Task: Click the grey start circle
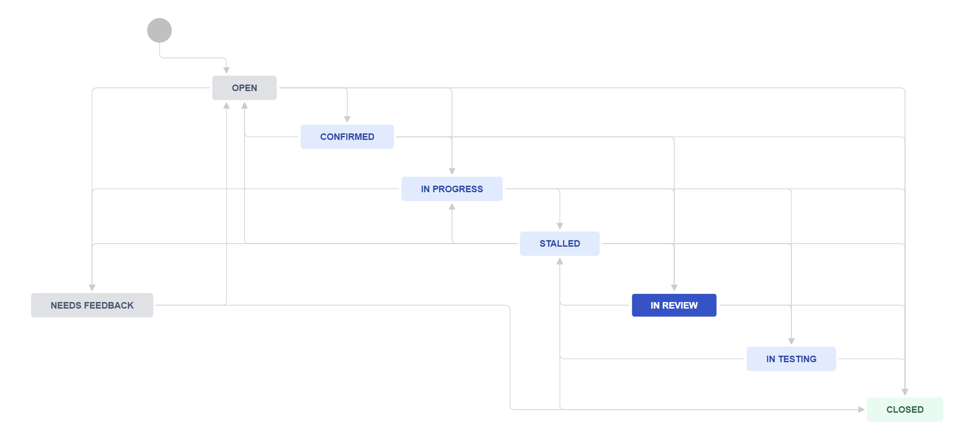click(159, 31)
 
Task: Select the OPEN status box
click(244, 88)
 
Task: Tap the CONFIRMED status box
click(347, 137)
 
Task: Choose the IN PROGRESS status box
click(452, 189)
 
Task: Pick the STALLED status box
click(560, 244)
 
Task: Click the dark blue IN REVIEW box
click(674, 305)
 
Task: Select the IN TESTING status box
click(791, 359)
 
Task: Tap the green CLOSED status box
click(905, 410)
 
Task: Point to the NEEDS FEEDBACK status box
click(92, 305)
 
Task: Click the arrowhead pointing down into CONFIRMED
click(347, 119)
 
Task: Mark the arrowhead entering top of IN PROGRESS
click(452, 171)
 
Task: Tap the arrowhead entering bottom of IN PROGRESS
click(452, 206)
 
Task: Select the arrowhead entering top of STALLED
click(560, 226)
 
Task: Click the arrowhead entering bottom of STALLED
click(560, 261)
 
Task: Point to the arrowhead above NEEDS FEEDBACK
click(92, 288)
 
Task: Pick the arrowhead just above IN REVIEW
click(674, 288)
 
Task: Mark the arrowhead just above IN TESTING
click(791, 341)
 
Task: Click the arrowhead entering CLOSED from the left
click(862, 410)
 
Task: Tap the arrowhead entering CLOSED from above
click(905, 392)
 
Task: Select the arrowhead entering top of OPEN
click(226, 70)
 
